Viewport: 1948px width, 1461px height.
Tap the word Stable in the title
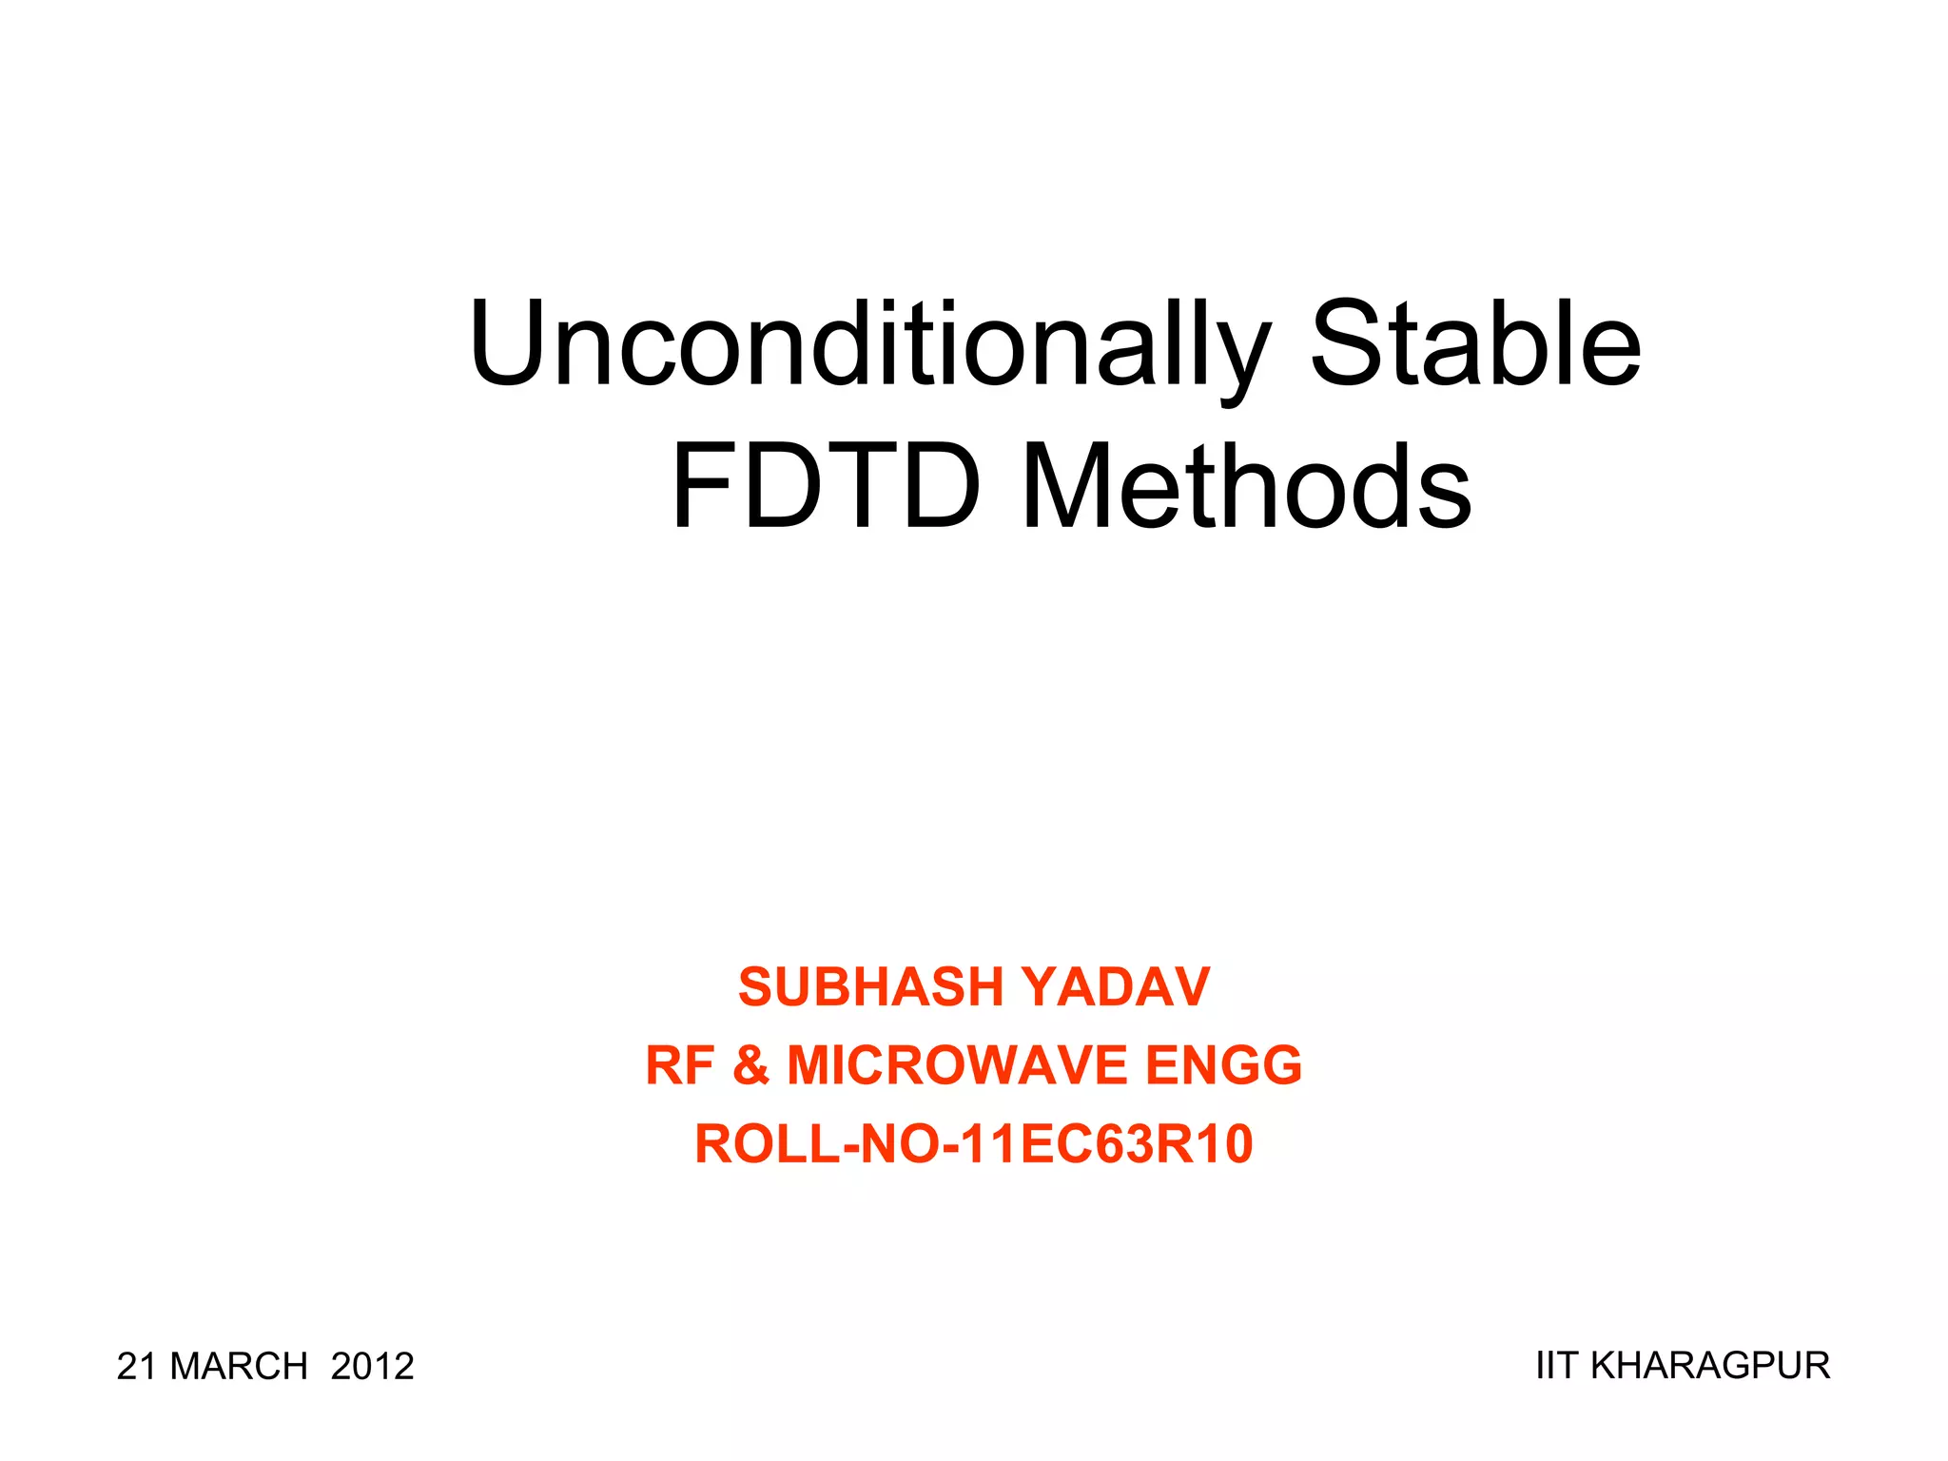(1475, 344)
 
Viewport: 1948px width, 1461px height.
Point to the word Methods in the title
(1247, 487)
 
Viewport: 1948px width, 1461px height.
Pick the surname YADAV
(1119, 986)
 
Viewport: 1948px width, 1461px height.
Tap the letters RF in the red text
(679, 1065)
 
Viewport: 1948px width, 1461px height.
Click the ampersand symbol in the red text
(750, 1065)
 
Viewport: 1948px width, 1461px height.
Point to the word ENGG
(1223, 1065)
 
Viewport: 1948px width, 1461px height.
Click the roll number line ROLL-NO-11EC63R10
(974, 1143)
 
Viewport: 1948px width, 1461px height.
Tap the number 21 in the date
(136, 1367)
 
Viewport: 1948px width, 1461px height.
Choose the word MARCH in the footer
(239, 1367)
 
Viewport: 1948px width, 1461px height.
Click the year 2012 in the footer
(373, 1367)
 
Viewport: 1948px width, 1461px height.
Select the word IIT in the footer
(1557, 1366)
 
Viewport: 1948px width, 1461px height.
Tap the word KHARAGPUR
(1710, 1366)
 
